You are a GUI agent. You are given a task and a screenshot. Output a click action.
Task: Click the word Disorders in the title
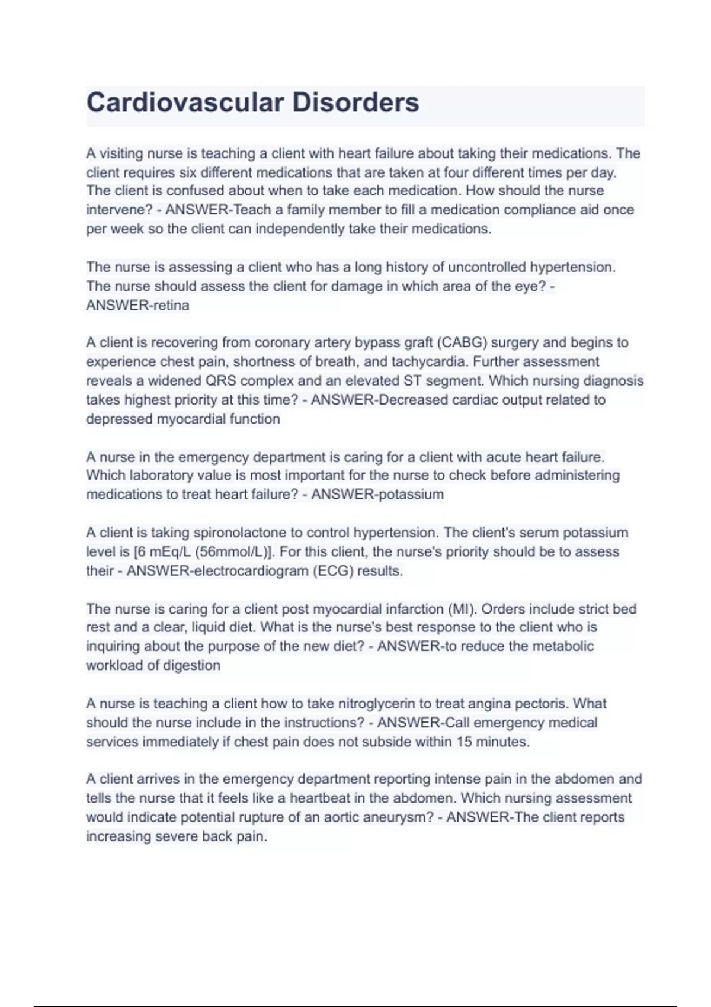point(355,102)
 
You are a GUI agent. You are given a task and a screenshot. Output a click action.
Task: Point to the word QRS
point(220,381)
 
